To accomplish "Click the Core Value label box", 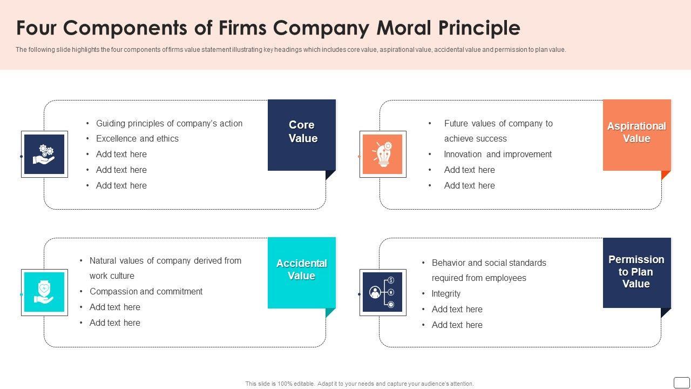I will click(x=302, y=135).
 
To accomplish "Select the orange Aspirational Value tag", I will click(x=636, y=135).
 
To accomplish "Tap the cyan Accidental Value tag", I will click(x=301, y=272).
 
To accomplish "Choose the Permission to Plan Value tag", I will click(x=636, y=272).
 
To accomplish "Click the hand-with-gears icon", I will click(x=44, y=154).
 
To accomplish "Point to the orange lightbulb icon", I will click(x=383, y=154).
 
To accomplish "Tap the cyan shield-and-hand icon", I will click(x=44, y=292).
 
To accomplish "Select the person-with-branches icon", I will click(x=383, y=292).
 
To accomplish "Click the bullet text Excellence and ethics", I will click(x=137, y=138).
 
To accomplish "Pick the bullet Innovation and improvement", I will click(x=498, y=154).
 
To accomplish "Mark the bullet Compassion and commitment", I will click(x=146, y=291).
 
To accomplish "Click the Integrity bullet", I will click(x=446, y=293).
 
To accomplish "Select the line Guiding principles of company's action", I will click(x=169, y=123).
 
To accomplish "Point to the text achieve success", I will click(x=475, y=138).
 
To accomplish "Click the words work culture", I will click(x=112, y=276).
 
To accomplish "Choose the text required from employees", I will click(x=479, y=278).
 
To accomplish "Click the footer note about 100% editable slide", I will click(x=360, y=384).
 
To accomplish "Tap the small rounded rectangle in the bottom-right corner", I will click(x=681, y=382).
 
